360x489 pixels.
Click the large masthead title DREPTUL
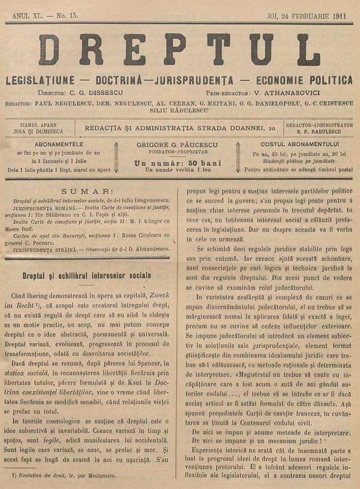tap(179, 50)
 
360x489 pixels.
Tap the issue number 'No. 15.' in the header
tap(67, 16)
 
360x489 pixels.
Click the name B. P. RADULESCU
tap(319, 132)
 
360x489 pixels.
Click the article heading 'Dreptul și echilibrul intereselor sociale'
tap(87, 276)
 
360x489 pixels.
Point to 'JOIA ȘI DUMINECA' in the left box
tap(42, 132)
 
